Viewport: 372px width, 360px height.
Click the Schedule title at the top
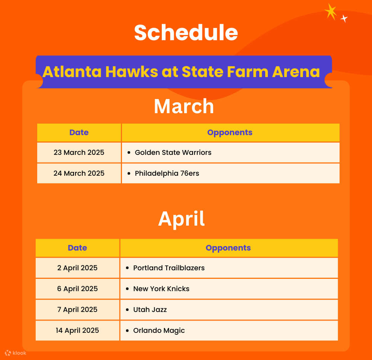186,33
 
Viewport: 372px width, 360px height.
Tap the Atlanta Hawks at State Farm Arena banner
181,71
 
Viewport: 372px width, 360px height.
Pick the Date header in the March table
79,133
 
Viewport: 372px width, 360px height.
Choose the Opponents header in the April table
228,248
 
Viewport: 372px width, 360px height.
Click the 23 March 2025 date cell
79,152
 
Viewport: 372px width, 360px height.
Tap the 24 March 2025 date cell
79,173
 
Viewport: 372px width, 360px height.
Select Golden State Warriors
173,152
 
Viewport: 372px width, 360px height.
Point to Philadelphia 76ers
167,173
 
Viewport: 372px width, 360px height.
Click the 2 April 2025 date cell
77,268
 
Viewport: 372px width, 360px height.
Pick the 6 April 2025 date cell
77,289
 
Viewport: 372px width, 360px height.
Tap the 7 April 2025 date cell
77,309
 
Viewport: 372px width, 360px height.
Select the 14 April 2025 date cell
77,330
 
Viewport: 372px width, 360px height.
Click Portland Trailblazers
169,268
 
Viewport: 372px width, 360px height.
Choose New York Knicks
161,289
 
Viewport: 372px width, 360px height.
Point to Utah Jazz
150,309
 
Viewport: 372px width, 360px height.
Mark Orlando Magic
159,330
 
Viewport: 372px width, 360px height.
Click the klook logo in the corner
16,353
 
